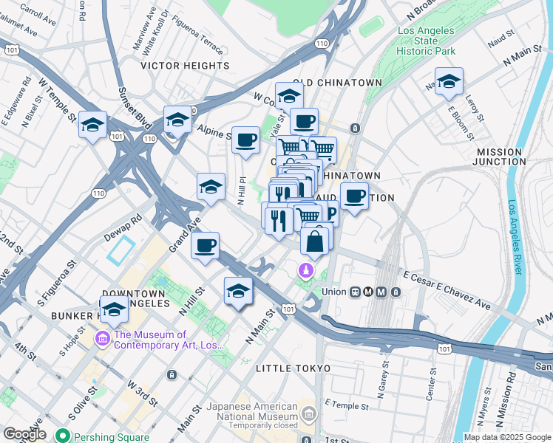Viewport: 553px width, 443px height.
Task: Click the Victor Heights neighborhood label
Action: point(186,66)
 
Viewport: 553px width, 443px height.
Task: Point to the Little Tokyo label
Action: point(290,368)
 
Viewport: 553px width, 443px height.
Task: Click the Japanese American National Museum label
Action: point(251,411)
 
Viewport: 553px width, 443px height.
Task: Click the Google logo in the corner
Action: point(24,434)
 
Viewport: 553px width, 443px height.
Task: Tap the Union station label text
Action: point(333,292)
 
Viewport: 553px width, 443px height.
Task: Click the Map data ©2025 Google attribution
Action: point(506,437)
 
